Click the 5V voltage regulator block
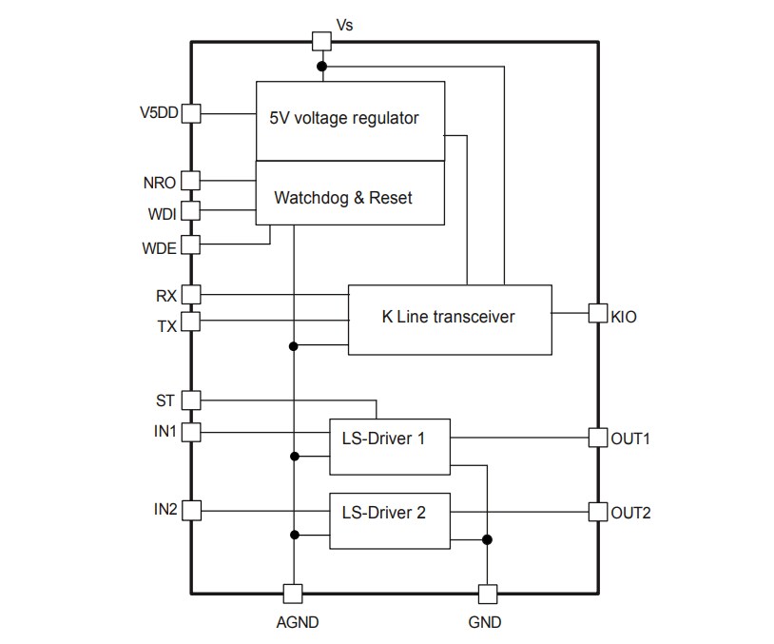pyautogui.click(x=350, y=120)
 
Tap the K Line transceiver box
pyautogui.click(x=449, y=320)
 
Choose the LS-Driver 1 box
pyautogui.click(x=389, y=445)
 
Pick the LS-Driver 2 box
pyautogui.click(x=389, y=519)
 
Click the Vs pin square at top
pyautogui.click(x=321, y=41)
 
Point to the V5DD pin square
pyautogui.click(x=191, y=113)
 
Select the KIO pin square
pyautogui.click(x=597, y=313)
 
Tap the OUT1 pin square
pyautogui.click(x=597, y=439)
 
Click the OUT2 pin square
pyautogui.click(x=597, y=512)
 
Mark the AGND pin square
pyautogui.click(x=294, y=594)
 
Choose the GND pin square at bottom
pyautogui.click(x=488, y=594)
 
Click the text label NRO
pyautogui.click(x=159, y=181)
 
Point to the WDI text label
pyautogui.click(x=161, y=214)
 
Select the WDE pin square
pyautogui.click(x=191, y=244)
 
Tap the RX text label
pyautogui.click(x=165, y=296)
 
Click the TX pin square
pyautogui.click(x=191, y=322)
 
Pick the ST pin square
pyautogui.click(x=191, y=400)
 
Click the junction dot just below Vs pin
pyautogui.click(x=321, y=67)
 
